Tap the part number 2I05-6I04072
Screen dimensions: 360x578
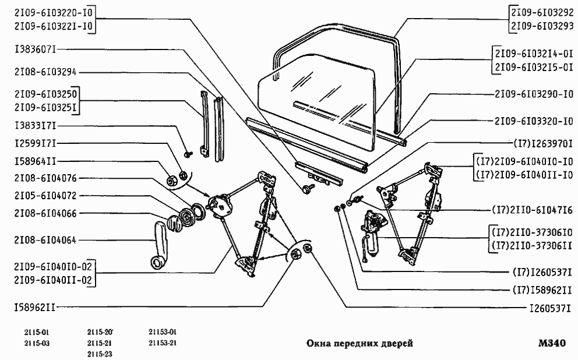(45, 195)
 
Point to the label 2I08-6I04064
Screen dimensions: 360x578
(45, 239)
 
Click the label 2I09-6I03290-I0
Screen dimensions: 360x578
(534, 93)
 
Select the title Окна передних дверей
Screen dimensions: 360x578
(360, 344)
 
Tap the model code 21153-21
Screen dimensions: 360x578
(163, 343)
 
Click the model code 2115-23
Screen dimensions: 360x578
(99, 354)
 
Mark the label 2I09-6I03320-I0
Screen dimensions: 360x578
(534, 122)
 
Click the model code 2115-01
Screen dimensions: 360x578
(37, 333)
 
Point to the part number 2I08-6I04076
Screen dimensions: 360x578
(45, 178)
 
